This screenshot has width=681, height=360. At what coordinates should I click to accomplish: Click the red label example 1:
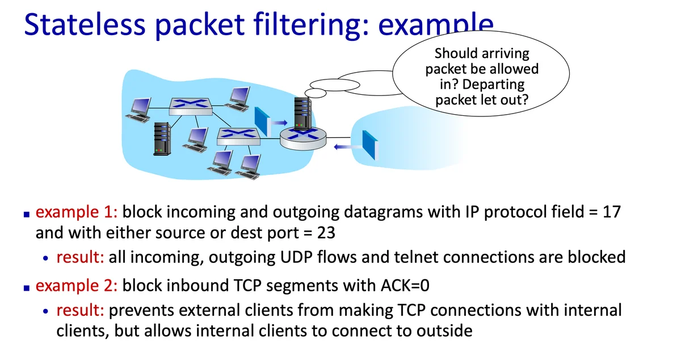point(76,212)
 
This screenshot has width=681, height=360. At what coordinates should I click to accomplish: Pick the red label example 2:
point(76,286)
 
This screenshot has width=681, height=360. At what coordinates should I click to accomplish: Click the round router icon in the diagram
point(303,136)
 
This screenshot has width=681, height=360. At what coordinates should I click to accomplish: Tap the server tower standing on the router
point(301,112)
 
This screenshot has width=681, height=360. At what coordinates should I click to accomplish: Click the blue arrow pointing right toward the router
point(278,122)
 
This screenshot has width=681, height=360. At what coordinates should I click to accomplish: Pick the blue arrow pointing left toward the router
point(343,147)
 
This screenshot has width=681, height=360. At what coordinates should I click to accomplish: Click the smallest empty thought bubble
point(315,91)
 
